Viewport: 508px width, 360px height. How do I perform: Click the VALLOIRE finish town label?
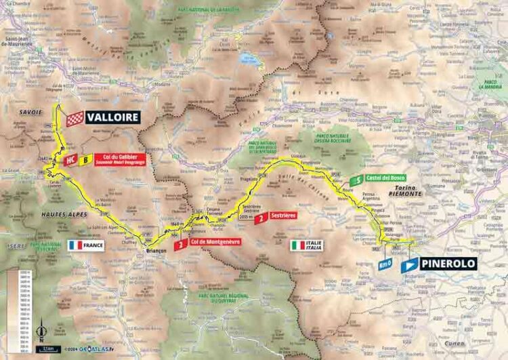(x=112, y=117)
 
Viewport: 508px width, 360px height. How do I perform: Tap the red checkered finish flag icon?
(x=75, y=118)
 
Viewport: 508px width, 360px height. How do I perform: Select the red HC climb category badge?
(x=70, y=161)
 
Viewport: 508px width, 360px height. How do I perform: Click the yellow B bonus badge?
(x=86, y=161)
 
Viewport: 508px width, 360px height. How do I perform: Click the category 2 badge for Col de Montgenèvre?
(x=180, y=245)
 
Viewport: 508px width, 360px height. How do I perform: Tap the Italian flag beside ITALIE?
(x=297, y=245)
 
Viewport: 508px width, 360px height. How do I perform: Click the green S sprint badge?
(x=355, y=180)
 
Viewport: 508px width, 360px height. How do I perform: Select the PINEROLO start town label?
(x=448, y=264)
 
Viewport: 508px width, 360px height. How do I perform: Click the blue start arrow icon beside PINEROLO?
(x=409, y=266)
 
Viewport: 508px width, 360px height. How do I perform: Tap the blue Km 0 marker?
(x=386, y=264)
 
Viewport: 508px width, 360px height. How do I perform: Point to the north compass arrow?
(x=41, y=332)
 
